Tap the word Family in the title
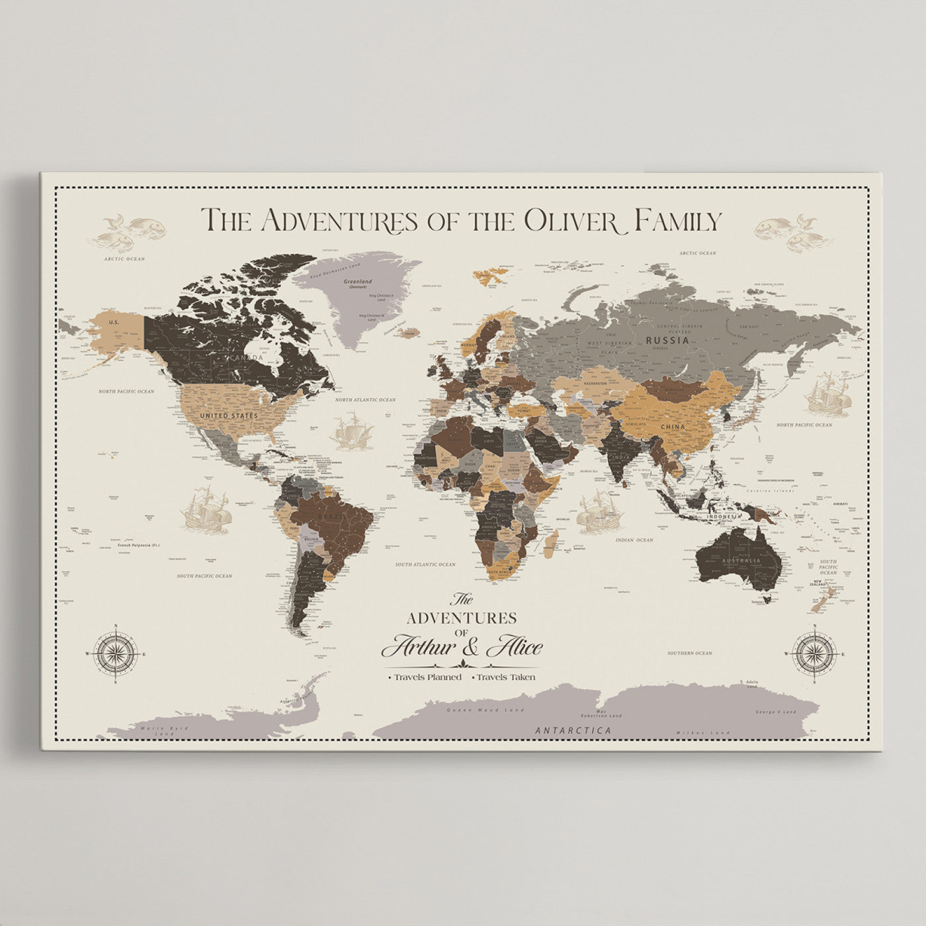point(677,221)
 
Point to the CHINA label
point(673,427)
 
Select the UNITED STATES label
point(229,415)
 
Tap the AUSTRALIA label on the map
point(741,561)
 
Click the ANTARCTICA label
point(573,730)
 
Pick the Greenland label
point(358,282)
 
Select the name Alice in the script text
point(515,646)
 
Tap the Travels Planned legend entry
point(427,677)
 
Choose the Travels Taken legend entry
point(505,677)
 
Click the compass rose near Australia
point(814,653)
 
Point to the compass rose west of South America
point(116,653)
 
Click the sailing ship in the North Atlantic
point(352,431)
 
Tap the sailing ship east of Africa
point(599,512)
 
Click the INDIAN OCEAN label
point(634,540)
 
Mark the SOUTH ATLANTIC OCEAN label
point(425,564)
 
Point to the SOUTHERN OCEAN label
point(689,653)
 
